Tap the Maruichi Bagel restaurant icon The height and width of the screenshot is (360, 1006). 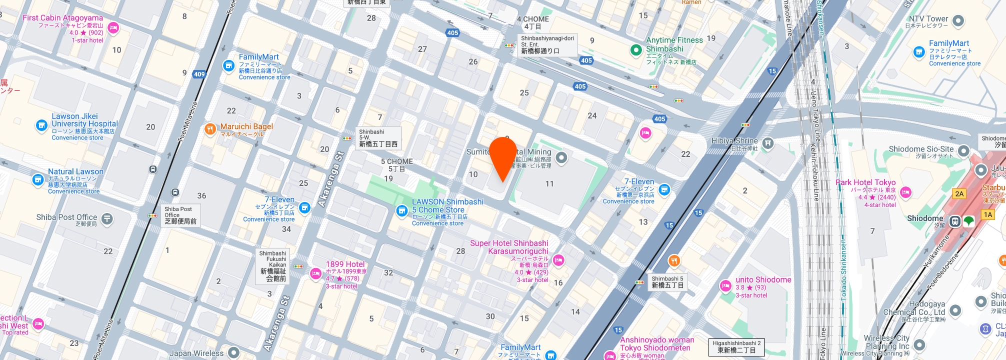tap(210, 129)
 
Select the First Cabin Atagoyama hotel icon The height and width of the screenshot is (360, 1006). tap(113, 28)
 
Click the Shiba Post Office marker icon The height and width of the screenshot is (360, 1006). tap(107, 218)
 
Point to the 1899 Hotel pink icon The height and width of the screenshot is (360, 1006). tap(315, 273)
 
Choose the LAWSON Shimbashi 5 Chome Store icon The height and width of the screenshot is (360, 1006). tap(401, 211)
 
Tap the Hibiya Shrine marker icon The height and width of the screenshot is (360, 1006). tap(768, 144)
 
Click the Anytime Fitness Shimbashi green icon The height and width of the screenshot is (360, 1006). tap(636, 49)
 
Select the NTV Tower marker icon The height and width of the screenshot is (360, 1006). tap(958, 21)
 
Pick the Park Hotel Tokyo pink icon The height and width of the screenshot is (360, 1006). tap(905, 192)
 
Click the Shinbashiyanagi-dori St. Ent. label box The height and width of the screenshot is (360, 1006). tap(547, 44)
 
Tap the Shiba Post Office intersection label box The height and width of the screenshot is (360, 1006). tap(180, 215)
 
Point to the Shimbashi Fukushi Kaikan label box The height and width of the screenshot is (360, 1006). tap(273, 266)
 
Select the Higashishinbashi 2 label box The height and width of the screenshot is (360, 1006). tap(736, 347)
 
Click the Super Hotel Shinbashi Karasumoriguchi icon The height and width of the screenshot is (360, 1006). tap(558, 259)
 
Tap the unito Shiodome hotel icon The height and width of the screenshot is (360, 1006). tap(725, 286)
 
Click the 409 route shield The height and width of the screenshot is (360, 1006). tap(199, 74)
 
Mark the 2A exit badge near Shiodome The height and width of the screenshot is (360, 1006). tap(959, 194)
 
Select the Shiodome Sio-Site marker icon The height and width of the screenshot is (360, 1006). tap(963, 150)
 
